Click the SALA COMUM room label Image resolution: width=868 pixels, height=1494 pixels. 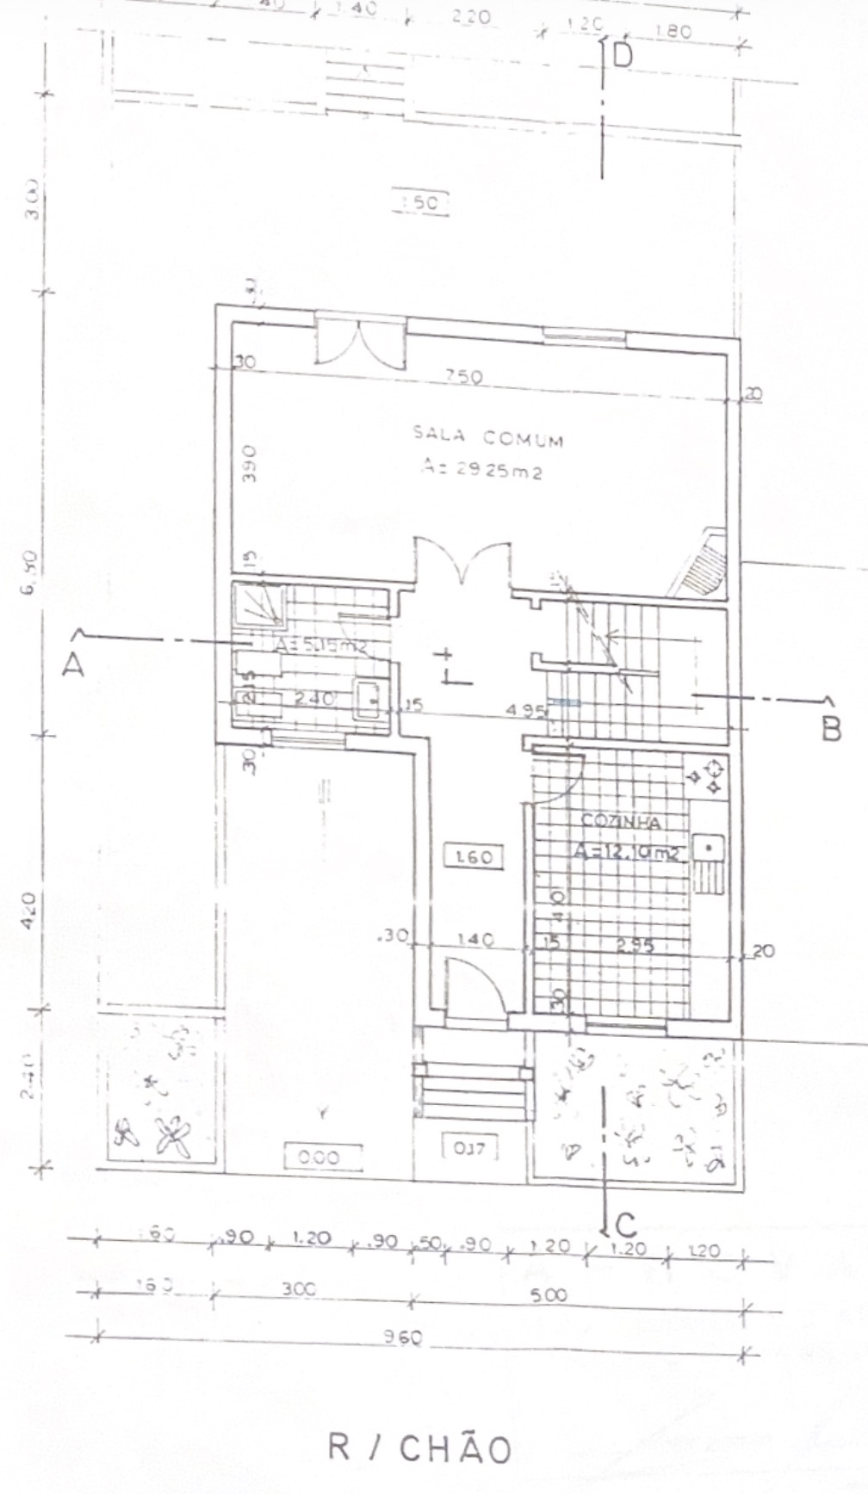pyautogui.click(x=488, y=438)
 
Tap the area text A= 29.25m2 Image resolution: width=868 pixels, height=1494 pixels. pyautogui.click(x=481, y=470)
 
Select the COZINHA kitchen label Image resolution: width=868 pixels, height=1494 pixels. pyautogui.click(x=621, y=822)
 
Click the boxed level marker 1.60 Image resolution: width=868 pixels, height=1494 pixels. pyautogui.click(x=473, y=857)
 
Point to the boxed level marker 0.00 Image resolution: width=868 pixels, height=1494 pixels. pyautogui.click(x=319, y=1158)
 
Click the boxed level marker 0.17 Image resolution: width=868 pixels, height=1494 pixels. pyautogui.click(x=469, y=1147)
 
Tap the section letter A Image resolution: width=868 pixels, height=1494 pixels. pyautogui.click(x=72, y=664)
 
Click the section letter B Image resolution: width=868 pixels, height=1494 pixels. pyautogui.click(x=830, y=730)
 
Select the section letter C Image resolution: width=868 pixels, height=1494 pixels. pyautogui.click(x=626, y=1224)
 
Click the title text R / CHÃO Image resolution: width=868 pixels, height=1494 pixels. pyautogui.click(x=419, y=1449)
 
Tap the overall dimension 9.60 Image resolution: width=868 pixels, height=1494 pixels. pyautogui.click(x=405, y=1338)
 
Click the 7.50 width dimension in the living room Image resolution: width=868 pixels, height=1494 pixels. pyautogui.click(x=465, y=376)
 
